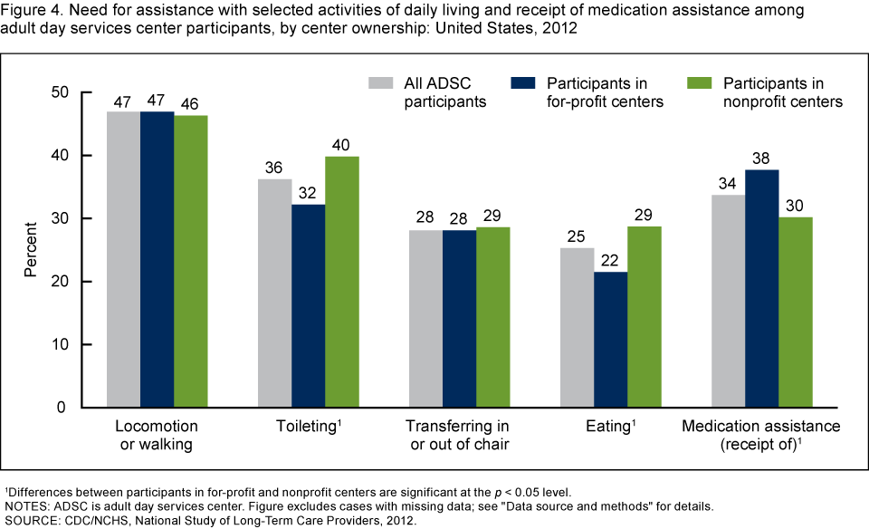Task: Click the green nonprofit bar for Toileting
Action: pyautogui.click(x=342, y=282)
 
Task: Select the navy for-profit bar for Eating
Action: pyautogui.click(x=610, y=340)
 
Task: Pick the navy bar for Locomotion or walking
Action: pyautogui.click(x=158, y=259)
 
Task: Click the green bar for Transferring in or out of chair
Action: pyautogui.click(x=493, y=317)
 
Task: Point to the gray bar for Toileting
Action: pyautogui.click(x=275, y=293)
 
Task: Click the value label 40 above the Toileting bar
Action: pyautogui.click(x=342, y=144)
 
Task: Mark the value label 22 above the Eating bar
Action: pyautogui.click(x=610, y=259)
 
